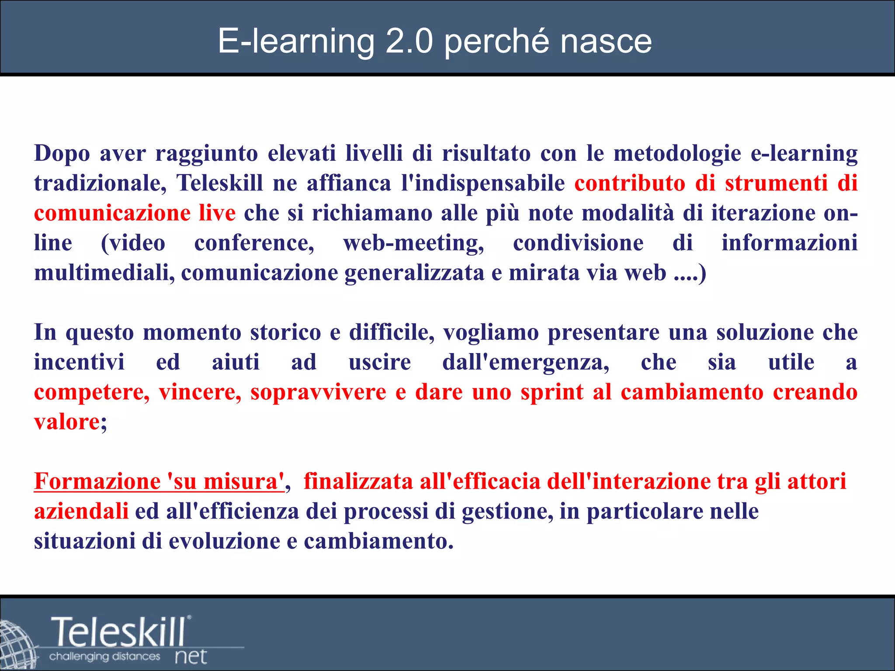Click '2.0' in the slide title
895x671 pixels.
click(x=409, y=42)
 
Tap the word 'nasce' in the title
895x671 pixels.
click(x=606, y=42)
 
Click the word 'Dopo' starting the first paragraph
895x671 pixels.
click(x=62, y=154)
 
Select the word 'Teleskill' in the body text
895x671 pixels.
click(x=219, y=183)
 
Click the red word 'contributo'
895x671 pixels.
click(x=629, y=183)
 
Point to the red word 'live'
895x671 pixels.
click(x=217, y=213)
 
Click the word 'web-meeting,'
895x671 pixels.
click(x=413, y=243)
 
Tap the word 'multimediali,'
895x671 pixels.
click(x=104, y=273)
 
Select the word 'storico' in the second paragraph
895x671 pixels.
click(x=285, y=332)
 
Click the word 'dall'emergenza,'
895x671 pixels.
click(x=526, y=362)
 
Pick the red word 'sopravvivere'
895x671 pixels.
click(x=318, y=392)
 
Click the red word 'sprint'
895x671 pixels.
click(x=552, y=392)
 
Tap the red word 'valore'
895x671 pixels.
click(x=67, y=422)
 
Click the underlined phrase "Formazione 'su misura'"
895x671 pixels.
click(x=159, y=481)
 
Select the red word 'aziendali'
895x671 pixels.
click(x=81, y=511)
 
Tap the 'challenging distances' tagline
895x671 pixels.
click(x=104, y=657)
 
